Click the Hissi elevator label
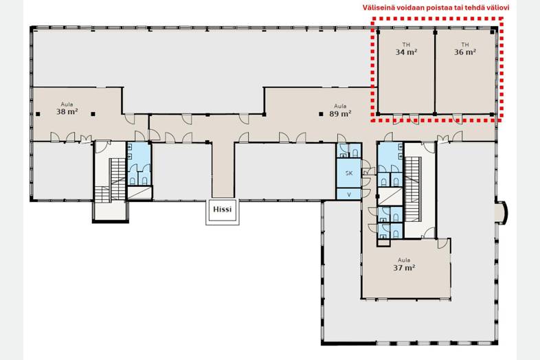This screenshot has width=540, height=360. (222, 209)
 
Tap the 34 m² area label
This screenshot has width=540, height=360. (407, 52)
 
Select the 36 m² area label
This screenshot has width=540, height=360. (465, 52)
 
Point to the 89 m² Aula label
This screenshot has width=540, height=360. (340, 113)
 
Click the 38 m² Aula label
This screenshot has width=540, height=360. (67, 111)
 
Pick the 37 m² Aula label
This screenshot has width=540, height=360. (404, 268)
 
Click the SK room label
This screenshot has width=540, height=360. (349, 173)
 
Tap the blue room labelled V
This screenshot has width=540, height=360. (349, 194)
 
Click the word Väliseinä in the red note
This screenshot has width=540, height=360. (376, 8)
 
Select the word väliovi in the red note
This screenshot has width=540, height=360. (498, 8)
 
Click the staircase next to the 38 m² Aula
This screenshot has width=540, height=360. (110, 180)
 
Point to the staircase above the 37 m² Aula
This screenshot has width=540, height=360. (413, 189)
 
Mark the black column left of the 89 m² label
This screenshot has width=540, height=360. (321, 113)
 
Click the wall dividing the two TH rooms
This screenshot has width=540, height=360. (435, 73)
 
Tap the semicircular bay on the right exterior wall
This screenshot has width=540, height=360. (502, 214)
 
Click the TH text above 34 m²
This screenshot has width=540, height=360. (407, 45)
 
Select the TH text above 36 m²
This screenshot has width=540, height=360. (465, 45)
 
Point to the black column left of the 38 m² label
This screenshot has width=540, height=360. (38, 114)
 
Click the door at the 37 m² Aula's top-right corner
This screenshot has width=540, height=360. (443, 244)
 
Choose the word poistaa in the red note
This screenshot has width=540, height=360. (436, 8)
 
